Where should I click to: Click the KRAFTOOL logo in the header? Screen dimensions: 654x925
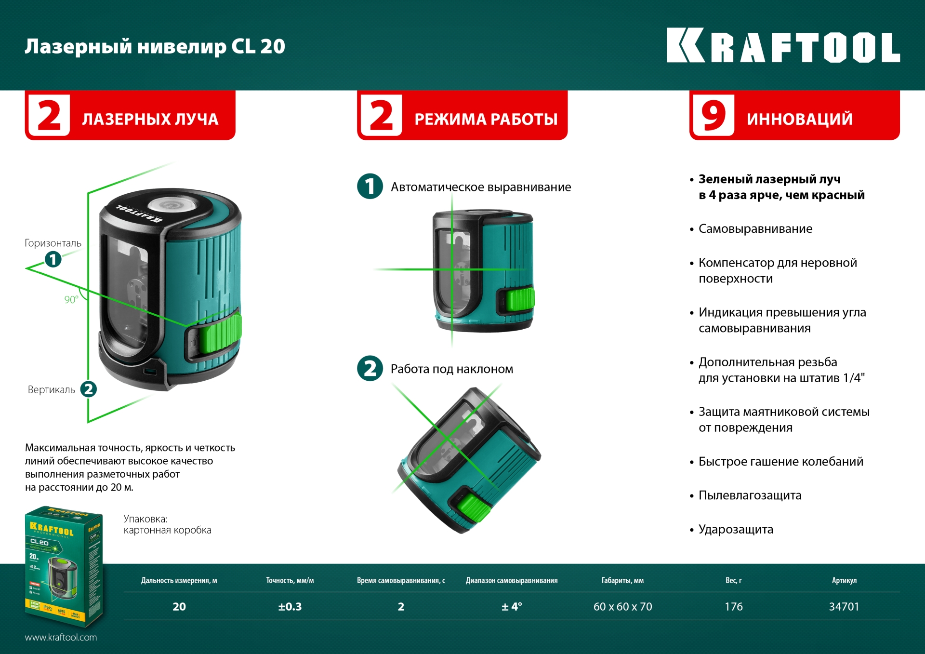click(783, 46)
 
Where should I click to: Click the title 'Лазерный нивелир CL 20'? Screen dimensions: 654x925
click(155, 47)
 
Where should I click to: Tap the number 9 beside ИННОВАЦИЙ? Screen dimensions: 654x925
click(714, 116)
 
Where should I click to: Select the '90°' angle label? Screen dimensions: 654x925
click(71, 300)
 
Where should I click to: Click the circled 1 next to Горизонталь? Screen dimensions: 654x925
click(53, 259)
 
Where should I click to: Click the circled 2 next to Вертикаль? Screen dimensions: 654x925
click(88, 389)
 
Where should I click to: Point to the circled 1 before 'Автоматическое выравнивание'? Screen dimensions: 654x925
click(370, 187)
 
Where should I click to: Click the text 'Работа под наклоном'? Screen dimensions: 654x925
click(451, 369)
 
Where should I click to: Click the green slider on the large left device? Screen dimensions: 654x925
click(219, 333)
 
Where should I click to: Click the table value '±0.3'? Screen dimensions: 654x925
click(290, 607)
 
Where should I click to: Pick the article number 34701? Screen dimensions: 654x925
click(844, 607)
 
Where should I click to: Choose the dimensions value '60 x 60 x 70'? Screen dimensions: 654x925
click(622, 607)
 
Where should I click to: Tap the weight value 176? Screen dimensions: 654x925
click(733, 607)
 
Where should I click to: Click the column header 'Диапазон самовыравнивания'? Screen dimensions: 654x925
click(511, 581)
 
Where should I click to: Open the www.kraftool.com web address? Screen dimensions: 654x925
click(61, 637)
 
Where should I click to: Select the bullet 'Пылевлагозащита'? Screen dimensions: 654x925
click(750, 495)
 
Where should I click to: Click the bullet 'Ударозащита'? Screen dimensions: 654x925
click(736, 529)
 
